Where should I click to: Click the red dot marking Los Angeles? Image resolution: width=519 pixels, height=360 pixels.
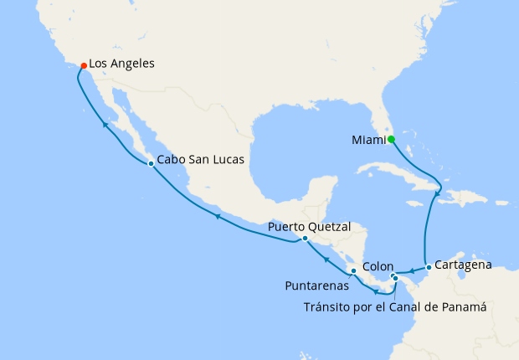[x=83, y=64]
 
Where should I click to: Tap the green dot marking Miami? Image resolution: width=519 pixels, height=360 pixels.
[x=391, y=139]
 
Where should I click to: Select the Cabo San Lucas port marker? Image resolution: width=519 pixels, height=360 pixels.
[x=151, y=163]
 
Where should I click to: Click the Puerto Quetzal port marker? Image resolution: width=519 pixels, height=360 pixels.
[x=305, y=238]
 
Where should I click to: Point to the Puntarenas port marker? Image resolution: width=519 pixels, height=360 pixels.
[x=353, y=270]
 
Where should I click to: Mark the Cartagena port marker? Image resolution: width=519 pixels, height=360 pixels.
[x=429, y=267]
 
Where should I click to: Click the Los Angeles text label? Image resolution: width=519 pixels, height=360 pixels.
[x=121, y=63]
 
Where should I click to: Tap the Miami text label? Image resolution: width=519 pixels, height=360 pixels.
[x=367, y=140]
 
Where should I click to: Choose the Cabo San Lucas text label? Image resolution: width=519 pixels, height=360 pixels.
[x=200, y=162]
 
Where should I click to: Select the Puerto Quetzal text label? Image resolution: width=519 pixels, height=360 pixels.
[x=310, y=226]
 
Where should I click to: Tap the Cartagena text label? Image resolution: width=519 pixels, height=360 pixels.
[x=462, y=265]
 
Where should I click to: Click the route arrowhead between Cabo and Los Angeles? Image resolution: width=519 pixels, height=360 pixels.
[x=105, y=125]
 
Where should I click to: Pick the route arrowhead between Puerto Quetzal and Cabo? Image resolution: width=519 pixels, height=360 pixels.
[x=217, y=216]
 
